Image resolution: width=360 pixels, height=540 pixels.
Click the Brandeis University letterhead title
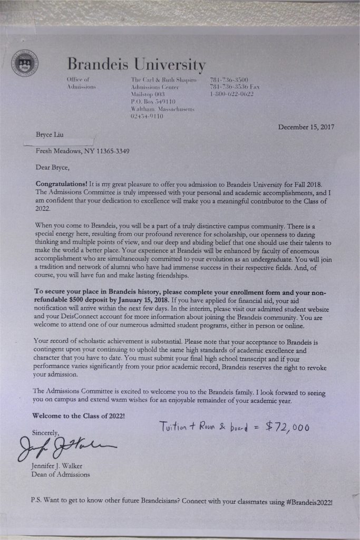[137, 65]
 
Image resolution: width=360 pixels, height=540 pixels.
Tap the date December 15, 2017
[306, 127]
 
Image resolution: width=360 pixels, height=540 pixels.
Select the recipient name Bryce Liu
[49, 135]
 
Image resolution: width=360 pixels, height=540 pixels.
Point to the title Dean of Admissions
[61, 474]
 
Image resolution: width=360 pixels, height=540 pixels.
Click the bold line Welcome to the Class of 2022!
[79, 416]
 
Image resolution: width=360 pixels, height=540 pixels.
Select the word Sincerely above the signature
[46, 432]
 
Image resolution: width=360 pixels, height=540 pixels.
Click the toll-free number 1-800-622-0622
[231, 94]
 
